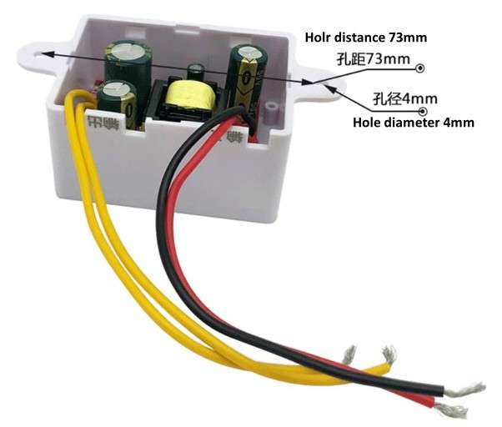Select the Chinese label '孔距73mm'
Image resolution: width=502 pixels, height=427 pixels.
374,59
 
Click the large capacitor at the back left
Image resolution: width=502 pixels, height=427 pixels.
126,61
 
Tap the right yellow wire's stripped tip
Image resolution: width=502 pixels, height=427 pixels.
389,354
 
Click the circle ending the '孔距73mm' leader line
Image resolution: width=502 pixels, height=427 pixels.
422,68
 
